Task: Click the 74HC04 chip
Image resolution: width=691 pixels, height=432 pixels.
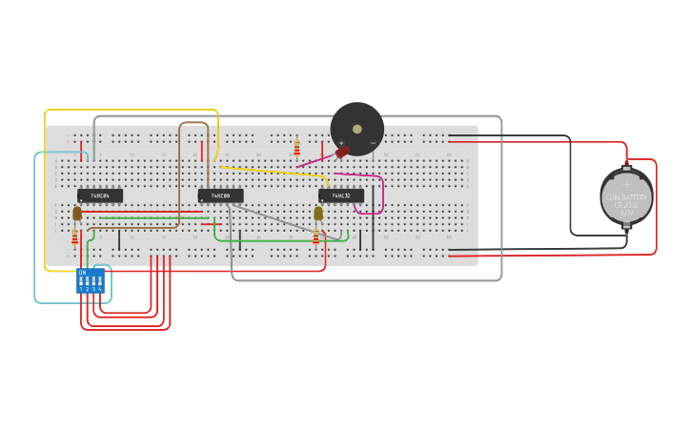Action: click(x=99, y=195)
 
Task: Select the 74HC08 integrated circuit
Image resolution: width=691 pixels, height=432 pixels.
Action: click(x=220, y=195)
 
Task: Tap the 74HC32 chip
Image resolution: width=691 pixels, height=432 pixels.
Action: click(x=340, y=195)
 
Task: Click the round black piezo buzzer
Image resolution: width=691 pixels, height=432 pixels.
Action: click(x=357, y=129)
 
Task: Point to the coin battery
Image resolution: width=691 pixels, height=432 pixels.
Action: click(x=626, y=197)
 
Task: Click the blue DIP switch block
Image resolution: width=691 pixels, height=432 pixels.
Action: click(x=91, y=280)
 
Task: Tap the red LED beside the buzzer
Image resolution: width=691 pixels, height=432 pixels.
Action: click(x=342, y=153)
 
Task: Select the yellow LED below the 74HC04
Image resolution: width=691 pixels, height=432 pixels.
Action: click(x=77, y=214)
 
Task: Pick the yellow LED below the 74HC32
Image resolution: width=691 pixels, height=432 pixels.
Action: click(x=318, y=214)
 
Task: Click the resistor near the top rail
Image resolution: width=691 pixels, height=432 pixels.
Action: click(x=296, y=147)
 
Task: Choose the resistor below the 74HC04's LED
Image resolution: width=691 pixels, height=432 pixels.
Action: click(x=75, y=236)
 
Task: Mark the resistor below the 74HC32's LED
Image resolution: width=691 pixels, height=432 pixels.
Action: click(x=316, y=236)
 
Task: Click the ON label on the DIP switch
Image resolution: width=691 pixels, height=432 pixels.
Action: click(x=83, y=273)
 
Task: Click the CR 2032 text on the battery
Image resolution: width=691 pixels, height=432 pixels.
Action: click(x=626, y=203)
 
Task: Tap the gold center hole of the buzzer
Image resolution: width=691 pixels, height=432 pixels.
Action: click(x=357, y=129)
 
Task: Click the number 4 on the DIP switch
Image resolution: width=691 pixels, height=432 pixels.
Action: click(x=99, y=289)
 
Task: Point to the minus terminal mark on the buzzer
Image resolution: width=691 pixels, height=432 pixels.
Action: click(x=373, y=143)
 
